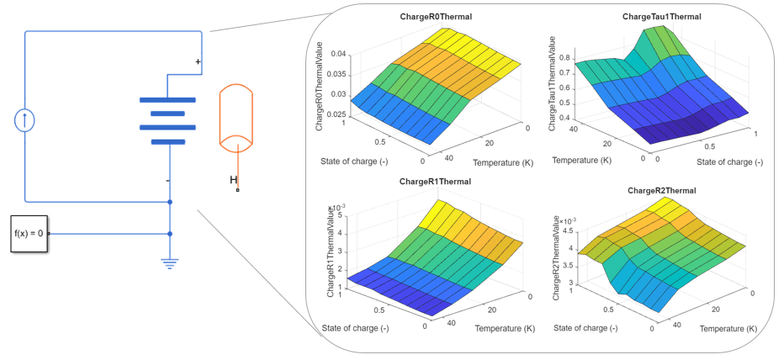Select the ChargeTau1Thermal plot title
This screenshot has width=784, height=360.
point(661,17)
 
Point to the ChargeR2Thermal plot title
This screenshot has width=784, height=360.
point(661,191)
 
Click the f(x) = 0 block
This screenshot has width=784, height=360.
point(29,234)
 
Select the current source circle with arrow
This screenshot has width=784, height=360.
point(25,119)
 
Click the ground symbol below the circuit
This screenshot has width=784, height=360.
point(170,262)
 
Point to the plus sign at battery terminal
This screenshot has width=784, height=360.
point(199,61)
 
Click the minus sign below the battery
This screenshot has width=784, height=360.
point(168,180)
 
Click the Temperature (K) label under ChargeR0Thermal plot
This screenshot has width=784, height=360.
point(503,161)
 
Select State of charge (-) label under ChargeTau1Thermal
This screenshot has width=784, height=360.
point(728,161)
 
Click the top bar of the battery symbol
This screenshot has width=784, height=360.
point(168,99)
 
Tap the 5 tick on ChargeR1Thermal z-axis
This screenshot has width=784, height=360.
point(340,215)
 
